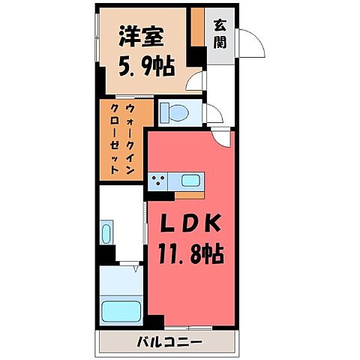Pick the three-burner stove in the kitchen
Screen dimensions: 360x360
[158, 181]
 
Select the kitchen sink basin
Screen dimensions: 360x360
[190, 181]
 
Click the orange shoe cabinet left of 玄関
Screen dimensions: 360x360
[196, 28]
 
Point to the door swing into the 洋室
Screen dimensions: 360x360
[196, 83]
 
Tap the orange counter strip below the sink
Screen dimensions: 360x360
[190, 194]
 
